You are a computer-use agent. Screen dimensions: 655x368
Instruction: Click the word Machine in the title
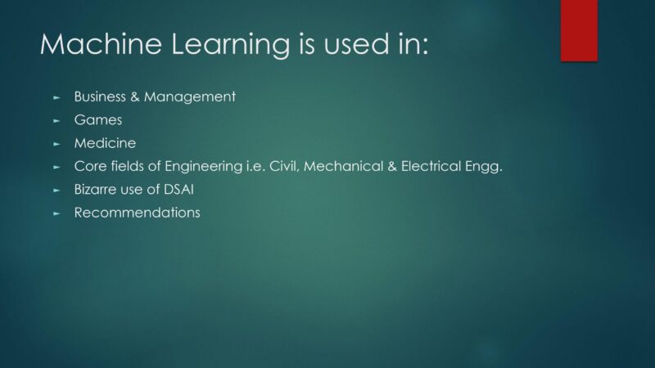(101, 44)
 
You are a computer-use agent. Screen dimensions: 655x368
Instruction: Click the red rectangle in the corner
(579, 30)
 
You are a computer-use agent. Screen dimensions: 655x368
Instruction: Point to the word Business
(100, 96)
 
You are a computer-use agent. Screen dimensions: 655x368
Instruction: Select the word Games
(98, 120)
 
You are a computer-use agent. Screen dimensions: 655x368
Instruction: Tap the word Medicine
(105, 143)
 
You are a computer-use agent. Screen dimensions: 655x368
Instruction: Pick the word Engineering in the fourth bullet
(203, 168)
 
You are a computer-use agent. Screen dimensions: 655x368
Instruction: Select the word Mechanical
(343, 166)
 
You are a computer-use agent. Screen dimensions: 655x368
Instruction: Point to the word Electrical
(431, 166)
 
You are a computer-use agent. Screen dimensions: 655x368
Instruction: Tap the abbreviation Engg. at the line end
(484, 168)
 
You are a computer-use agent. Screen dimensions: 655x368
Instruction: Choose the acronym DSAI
(178, 190)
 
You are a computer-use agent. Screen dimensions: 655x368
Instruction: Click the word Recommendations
(137, 213)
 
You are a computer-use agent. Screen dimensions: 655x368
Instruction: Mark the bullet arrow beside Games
(56, 121)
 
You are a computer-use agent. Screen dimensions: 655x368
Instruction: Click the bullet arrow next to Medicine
(56, 144)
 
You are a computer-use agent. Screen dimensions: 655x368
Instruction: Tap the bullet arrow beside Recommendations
(56, 213)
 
